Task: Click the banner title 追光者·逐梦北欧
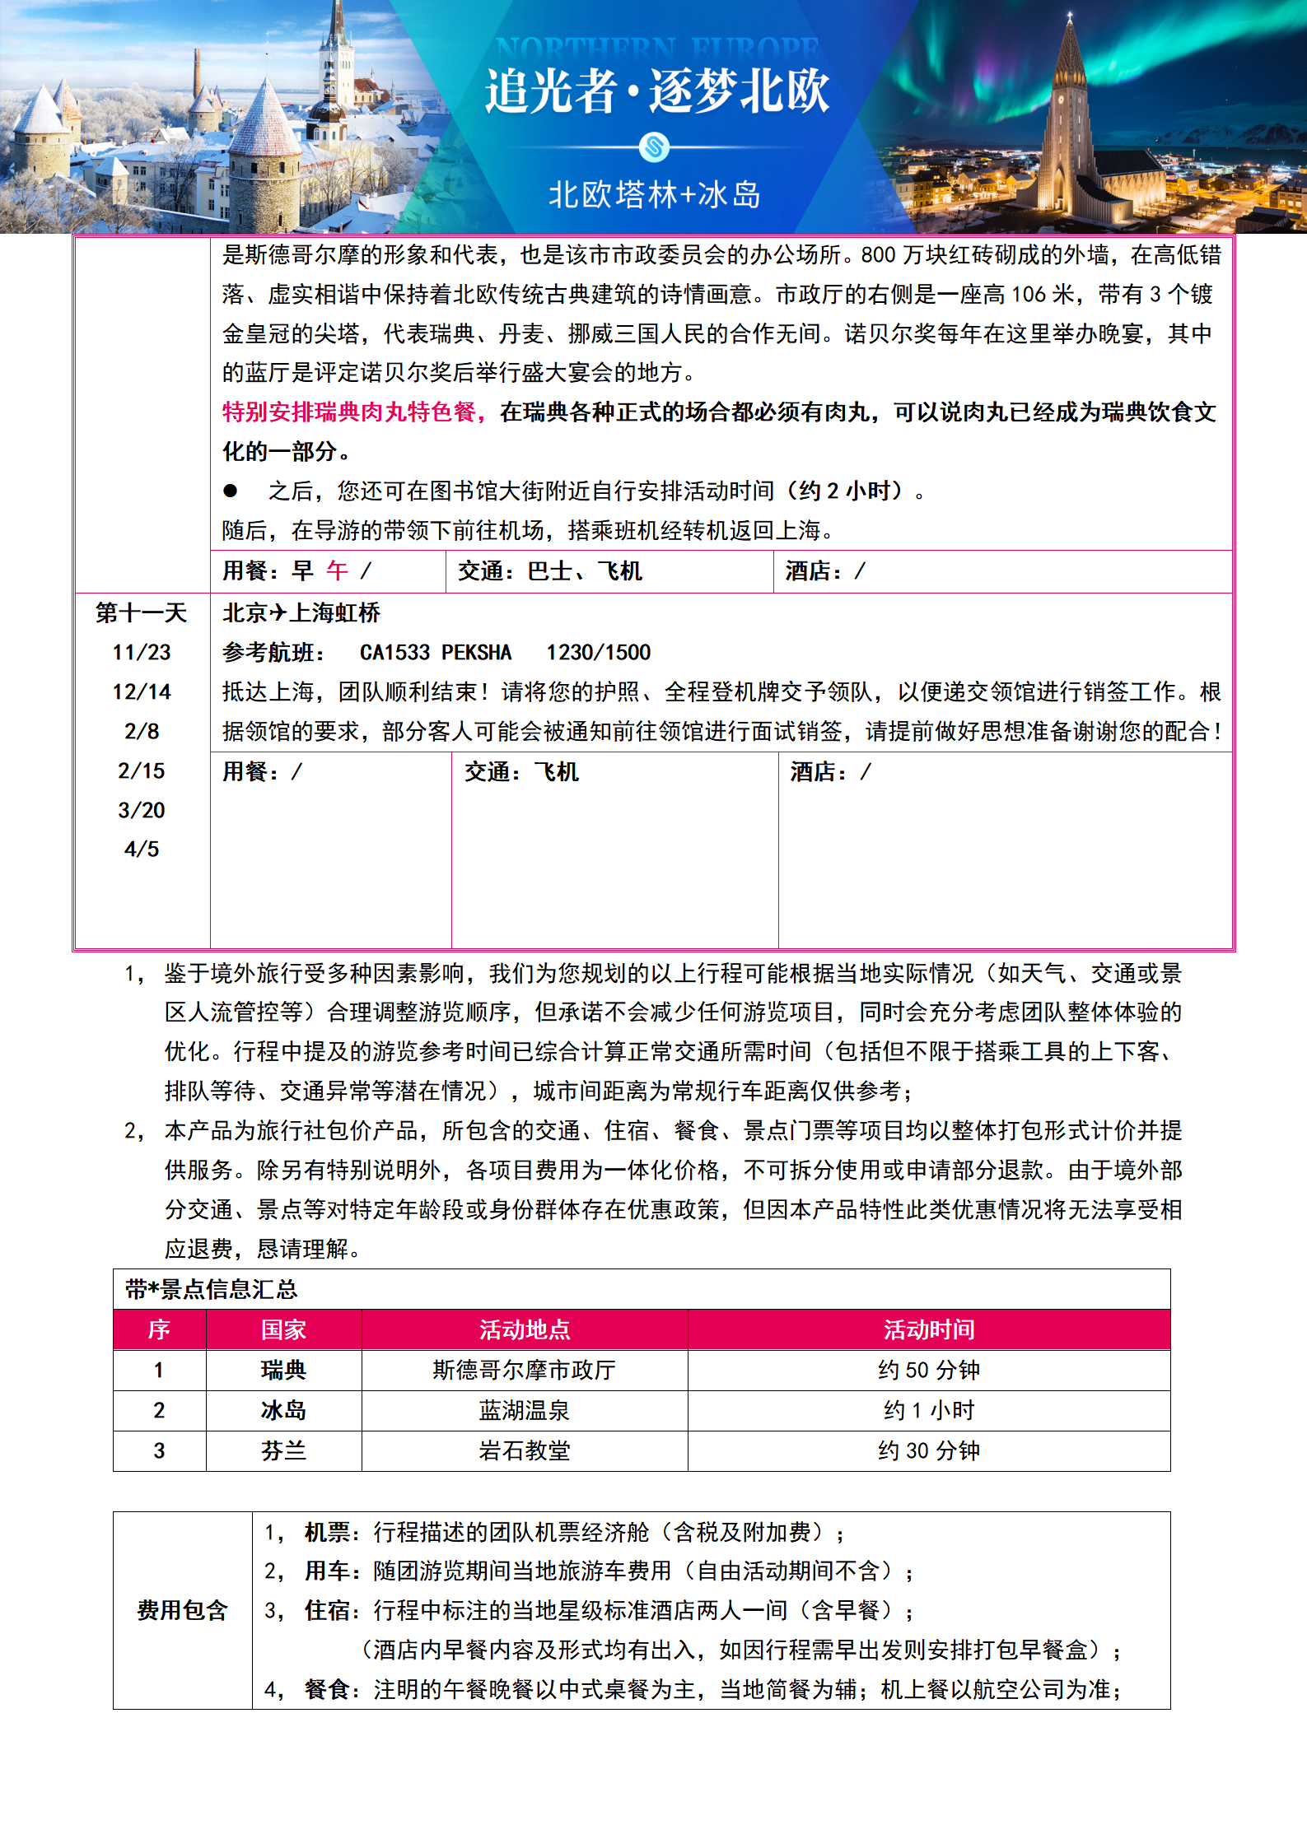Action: click(x=656, y=91)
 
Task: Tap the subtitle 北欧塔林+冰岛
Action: click(x=655, y=195)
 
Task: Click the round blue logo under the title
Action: click(x=654, y=148)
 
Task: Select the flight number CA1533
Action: click(x=394, y=653)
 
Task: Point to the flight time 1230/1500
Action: click(x=599, y=653)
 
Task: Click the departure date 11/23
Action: click(x=142, y=653)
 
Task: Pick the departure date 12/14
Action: click(x=142, y=692)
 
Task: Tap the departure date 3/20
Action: click(x=142, y=811)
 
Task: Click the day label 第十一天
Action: click(x=142, y=613)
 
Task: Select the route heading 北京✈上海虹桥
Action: click(x=301, y=613)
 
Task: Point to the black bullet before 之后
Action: click(x=231, y=491)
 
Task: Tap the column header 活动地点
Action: click(x=525, y=1329)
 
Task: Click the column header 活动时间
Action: click(x=929, y=1329)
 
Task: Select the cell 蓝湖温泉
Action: click(x=525, y=1411)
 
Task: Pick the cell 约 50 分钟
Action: click(x=929, y=1371)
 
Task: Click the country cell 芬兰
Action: click(x=283, y=1451)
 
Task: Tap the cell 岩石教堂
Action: click(x=525, y=1451)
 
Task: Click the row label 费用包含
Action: click(x=182, y=1611)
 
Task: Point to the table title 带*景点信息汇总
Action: click(x=212, y=1290)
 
